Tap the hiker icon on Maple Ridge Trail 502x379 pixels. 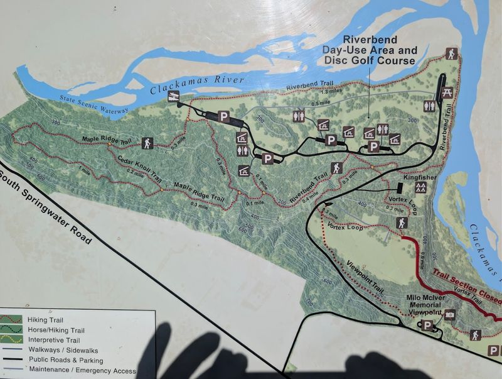click(x=147, y=143)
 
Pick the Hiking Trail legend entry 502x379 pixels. click(x=44, y=320)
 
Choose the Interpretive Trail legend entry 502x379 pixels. click(x=50, y=340)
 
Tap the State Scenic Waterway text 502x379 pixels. click(x=94, y=104)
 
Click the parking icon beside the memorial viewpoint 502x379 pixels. click(x=428, y=326)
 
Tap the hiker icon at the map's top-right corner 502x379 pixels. click(x=451, y=54)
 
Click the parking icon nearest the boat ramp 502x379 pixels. click(x=223, y=116)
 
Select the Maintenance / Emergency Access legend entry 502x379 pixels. click(x=82, y=370)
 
